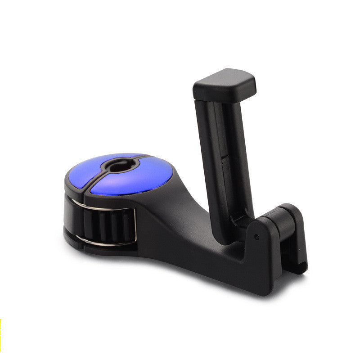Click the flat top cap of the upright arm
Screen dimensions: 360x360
pos(224,84)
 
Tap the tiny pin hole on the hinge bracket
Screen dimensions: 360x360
pos(256,236)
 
